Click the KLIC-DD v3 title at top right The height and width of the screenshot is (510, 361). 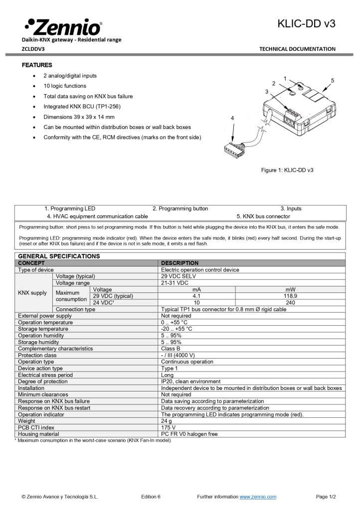(x=306, y=23)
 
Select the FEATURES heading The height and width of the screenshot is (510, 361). (x=37, y=65)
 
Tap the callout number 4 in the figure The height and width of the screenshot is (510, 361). (x=232, y=118)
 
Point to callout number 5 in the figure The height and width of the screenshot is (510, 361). (x=332, y=80)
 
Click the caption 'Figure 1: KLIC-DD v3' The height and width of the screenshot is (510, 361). (x=287, y=170)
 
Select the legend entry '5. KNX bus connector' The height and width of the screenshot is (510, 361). (x=263, y=217)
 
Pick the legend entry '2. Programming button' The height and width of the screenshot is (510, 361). (x=180, y=209)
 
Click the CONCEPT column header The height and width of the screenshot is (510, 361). (x=31, y=263)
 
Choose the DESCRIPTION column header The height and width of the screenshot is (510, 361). (x=180, y=263)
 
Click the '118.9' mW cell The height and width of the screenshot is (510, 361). (x=290, y=296)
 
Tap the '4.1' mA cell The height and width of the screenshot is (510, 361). (x=196, y=296)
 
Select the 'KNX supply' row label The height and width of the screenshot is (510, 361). (x=32, y=293)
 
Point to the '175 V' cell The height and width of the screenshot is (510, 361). (x=169, y=427)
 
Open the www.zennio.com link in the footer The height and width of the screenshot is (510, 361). (x=258, y=497)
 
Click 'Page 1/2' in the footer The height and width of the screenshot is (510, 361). (x=326, y=497)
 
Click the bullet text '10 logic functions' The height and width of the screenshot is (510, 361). (x=65, y=86)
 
